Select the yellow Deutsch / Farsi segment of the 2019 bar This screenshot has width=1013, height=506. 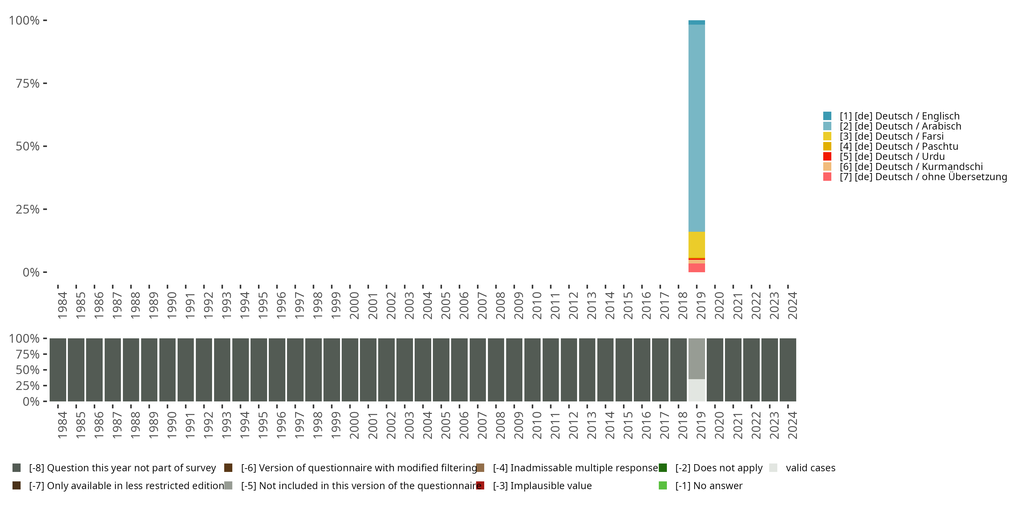(696, 244)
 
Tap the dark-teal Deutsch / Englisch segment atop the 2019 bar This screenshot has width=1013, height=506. (696, 22)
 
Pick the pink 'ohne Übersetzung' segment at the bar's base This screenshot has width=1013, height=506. (696, 268)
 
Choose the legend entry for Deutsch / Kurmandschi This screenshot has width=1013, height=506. (911, 167)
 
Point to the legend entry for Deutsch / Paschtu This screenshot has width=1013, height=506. (899, 146)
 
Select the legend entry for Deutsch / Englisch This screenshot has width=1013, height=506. (899, 116)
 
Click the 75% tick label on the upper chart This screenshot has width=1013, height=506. (28, 83)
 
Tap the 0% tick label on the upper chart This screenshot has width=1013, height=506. (31, 272)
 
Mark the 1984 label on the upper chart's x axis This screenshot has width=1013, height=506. (62, 305)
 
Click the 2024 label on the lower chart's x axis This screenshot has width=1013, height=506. (793, 425)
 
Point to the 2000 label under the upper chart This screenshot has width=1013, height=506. (354, 305)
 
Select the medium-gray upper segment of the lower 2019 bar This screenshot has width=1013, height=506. (696, 358)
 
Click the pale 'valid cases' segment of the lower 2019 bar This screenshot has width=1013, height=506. (696, 390)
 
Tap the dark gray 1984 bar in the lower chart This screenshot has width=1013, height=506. (58, 370)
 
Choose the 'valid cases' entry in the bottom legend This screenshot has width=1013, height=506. (810, 468)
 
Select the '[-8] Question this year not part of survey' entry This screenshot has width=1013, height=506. (122, 468)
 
